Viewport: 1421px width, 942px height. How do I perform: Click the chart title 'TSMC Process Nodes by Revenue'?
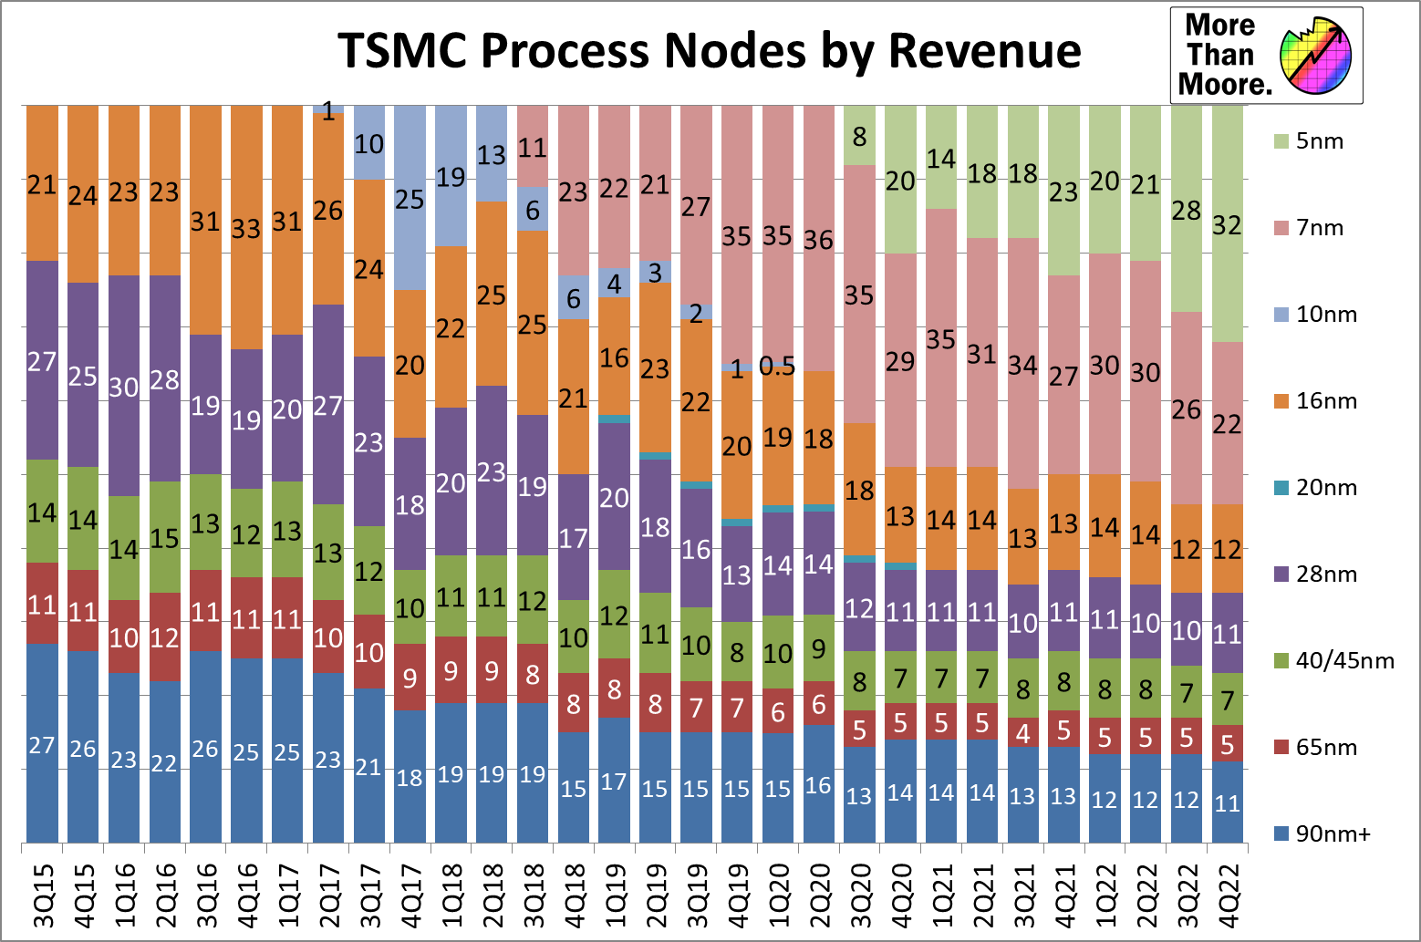point(709,50)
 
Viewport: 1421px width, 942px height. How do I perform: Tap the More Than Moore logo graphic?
point(1314,57)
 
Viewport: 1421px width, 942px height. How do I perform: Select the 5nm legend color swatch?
point(1281,141)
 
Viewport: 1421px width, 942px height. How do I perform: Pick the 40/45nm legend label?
point(1344,661)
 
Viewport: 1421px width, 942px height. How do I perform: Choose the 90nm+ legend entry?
point(1333,834)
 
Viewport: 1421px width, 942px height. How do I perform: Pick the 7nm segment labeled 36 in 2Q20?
point(818,239)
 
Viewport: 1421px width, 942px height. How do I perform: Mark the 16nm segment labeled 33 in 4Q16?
point(246,227)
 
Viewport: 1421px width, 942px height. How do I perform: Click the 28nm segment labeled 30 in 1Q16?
point(124,387)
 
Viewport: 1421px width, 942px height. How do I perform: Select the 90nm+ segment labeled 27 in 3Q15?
point(42,744)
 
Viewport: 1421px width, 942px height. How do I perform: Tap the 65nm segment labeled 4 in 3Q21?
point(1023,733)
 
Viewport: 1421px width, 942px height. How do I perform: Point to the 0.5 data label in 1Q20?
point(777,367)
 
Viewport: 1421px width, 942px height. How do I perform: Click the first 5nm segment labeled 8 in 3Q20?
point(859,136)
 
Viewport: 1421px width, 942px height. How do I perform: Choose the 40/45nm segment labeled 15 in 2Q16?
point(165,538)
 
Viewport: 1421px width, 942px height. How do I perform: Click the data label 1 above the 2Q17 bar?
point(328,111)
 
